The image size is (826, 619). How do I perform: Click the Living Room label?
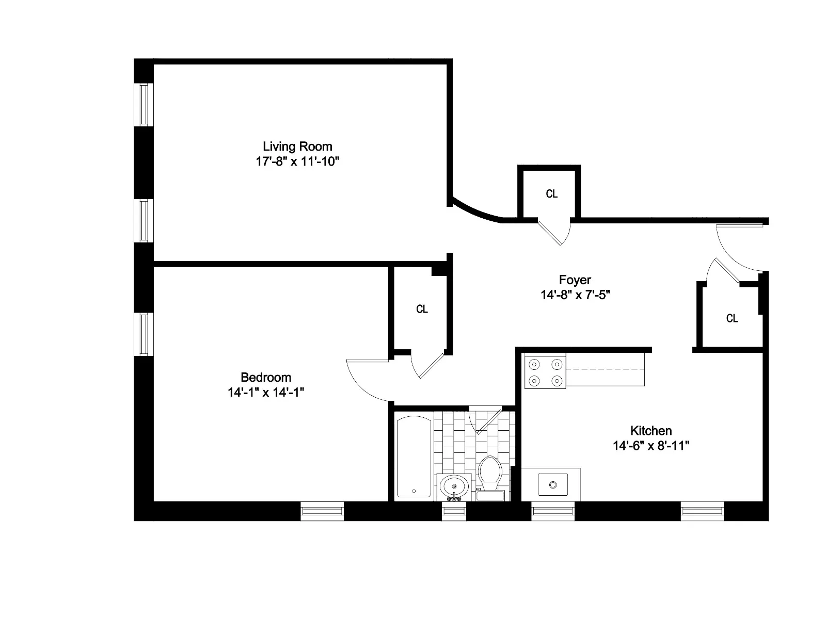pyautogui.click(x=297, y=146)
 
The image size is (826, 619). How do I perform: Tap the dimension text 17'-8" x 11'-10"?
pyautogui.click(x=297, y=161)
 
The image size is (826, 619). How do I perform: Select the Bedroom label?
pyautogui.click(x=266, y=377)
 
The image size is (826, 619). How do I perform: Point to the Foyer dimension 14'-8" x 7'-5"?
pyautogui.click(x=576, y=295)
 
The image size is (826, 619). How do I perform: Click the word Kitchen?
pyautogui.click(x=651, y=431)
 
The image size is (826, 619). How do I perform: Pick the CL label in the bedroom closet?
pyautogui.click(x=422, y=309)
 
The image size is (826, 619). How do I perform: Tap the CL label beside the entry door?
pyautogui.click(x=732, y=318)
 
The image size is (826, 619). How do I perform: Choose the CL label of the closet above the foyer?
pyautogui.click(x=551, y=194)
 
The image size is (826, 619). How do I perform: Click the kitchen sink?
pyautogui.click(x=552, y=485)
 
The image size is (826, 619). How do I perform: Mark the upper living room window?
pyautogui.click(x=144, y=104)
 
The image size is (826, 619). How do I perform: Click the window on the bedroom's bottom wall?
pyautogui.click(x=322, y=511)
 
